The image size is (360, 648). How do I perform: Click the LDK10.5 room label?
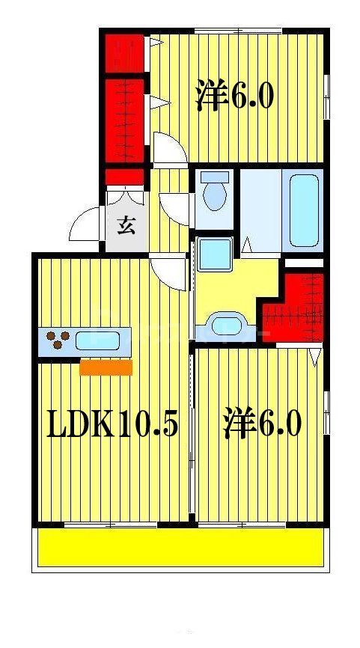(x=112, y=424)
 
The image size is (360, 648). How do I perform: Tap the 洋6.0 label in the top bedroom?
(x=236, y=96)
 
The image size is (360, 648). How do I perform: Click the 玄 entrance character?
(x=126, y=225)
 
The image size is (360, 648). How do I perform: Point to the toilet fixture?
(x=216, y=192)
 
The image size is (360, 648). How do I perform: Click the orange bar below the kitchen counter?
(x=106, y=367)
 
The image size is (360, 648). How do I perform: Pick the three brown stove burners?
(x=57, y=340)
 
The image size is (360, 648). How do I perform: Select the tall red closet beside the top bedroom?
(x=125, y=120)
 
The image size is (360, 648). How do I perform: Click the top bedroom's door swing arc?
(x=169, y=147)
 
